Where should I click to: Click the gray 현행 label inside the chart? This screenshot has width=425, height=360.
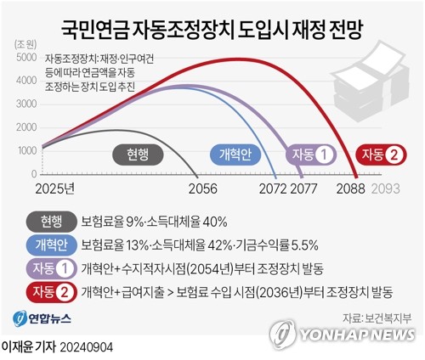(132, 155)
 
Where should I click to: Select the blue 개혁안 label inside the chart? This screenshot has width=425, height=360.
(235, 155)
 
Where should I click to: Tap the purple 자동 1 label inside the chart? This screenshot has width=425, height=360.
(313, 155)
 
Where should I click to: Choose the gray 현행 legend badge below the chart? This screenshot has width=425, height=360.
(52, 222)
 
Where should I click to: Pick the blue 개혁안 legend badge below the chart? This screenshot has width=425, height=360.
(52, 245)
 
